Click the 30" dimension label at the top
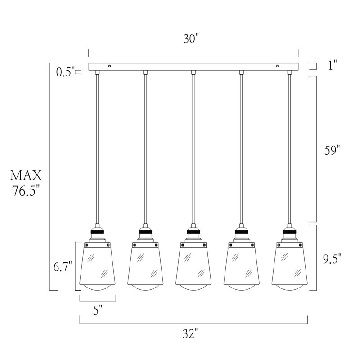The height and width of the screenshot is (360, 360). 191,39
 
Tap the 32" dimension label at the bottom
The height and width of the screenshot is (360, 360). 190,333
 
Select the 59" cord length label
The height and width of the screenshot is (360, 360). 332,150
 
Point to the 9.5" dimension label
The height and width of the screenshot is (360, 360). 332,259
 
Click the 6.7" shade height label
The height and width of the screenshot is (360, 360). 63,267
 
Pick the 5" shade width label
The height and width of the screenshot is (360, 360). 98,310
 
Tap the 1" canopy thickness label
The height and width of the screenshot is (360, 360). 332,65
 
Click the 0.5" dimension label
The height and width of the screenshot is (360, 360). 66,72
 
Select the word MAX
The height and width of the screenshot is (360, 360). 26,175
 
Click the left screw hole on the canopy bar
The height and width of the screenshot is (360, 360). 110,66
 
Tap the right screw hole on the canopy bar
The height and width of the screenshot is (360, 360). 277,66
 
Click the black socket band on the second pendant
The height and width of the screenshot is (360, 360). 145,232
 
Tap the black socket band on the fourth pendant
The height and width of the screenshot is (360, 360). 242,232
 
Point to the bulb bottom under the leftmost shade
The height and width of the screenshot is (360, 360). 97,288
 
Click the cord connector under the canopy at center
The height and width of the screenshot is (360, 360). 193,72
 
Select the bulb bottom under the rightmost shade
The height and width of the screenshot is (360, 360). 289,288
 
